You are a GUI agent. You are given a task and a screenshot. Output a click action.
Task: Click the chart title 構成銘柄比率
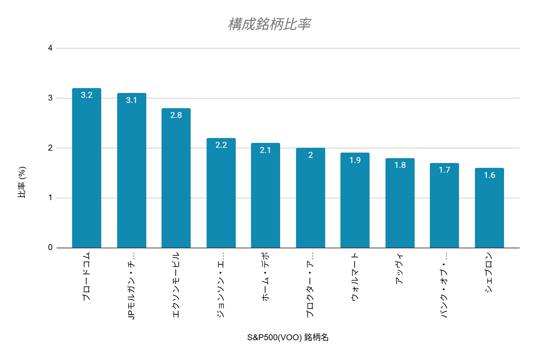[x=269, y=24]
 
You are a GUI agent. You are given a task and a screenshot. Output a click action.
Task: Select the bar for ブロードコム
[x=87, y=168]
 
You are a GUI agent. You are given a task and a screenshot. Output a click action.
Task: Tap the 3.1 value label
[x=131, y=100]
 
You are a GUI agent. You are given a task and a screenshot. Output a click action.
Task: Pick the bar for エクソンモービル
[x=176, y=178]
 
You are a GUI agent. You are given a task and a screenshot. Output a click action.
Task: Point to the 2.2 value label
[x=221, y=145]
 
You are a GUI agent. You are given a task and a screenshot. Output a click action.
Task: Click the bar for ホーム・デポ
[x=266, y=196]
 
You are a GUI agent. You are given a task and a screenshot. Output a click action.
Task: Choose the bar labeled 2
[x=311, y=198]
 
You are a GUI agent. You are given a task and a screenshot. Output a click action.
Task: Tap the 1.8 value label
[x=400, y=165]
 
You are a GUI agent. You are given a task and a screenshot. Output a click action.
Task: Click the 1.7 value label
[x=444, y=170]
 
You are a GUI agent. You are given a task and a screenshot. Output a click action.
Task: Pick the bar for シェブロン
[x=490, y=208]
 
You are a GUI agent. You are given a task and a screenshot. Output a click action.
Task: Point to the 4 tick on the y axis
[x=50, y=48]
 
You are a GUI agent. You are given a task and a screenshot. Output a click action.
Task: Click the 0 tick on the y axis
[x=50, y=248]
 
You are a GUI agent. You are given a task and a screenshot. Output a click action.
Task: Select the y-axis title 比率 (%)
[x=22, y=182]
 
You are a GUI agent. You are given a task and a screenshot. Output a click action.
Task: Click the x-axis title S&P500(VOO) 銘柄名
[x=288, y=337]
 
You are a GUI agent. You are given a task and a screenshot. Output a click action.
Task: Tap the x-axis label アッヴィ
[x=399, y=269]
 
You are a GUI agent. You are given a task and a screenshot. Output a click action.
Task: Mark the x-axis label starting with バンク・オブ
[x=444, y=285]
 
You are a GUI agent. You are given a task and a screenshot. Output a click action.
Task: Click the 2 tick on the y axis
[x=50, y=148]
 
